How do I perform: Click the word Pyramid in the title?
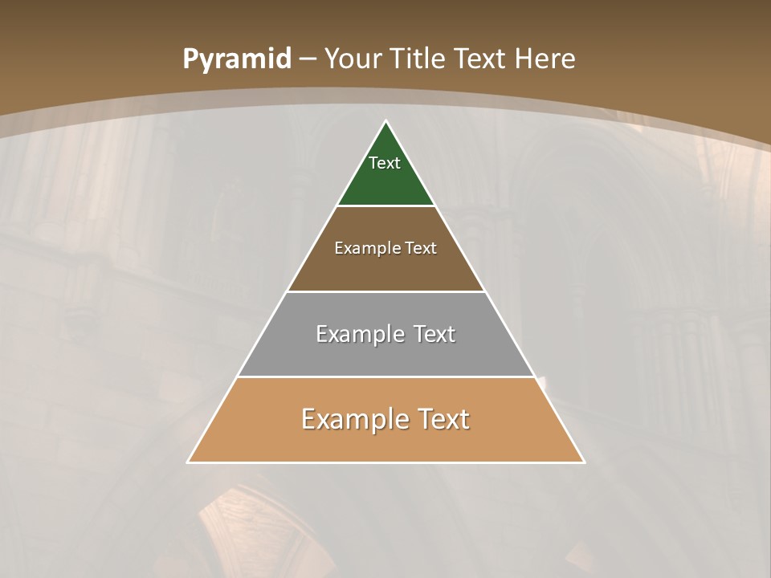point(236,59)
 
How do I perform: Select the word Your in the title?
point(353,59)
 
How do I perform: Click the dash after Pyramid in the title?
point(307,59)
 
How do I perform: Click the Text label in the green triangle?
point(385,163)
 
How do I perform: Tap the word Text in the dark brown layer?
point(421,248)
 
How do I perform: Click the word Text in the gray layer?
point(434,334)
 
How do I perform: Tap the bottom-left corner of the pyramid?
point(189,462)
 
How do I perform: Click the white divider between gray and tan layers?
point(385,377)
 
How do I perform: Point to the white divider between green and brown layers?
point(385,206)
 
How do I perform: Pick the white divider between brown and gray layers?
point(385,291)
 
